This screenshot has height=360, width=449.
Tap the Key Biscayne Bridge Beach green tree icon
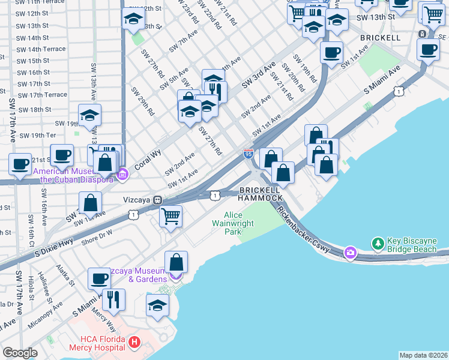tap(378, 244)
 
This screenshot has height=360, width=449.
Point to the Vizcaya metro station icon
tap(157, 200)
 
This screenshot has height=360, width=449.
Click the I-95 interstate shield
tap(248, 154)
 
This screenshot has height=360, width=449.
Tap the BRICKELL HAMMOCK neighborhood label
tap(261, 194)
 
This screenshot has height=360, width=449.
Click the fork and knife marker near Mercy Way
tap(113, 298)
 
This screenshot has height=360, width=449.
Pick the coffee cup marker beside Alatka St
tap(100, 278)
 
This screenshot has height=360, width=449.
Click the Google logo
tap(20, 353)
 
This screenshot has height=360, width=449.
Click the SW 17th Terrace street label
tap(43, 95)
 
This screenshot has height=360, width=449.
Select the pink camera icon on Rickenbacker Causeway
tap(350, 253)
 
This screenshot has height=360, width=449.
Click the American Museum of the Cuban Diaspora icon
tap(123, 175)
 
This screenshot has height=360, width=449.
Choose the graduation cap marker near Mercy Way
tap(157, 305)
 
